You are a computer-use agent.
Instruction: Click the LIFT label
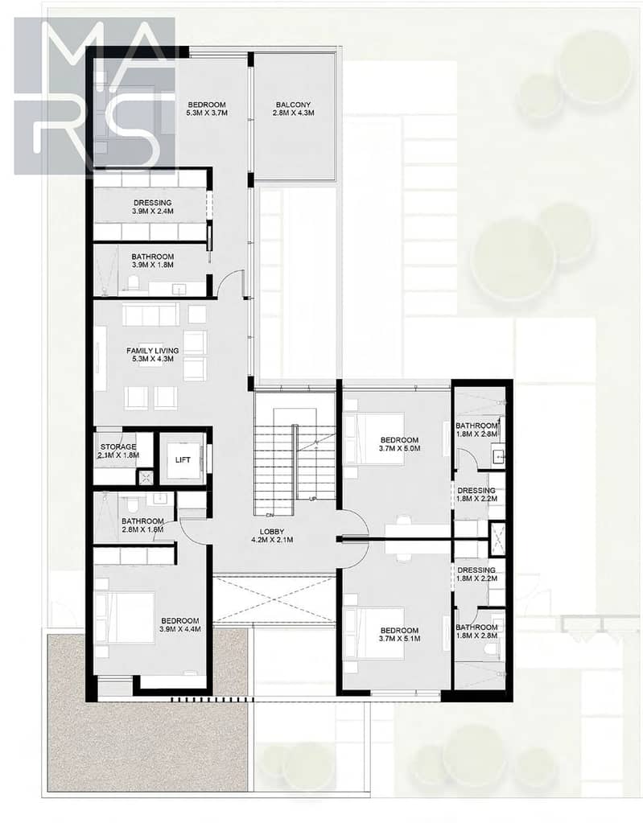coord(183,460)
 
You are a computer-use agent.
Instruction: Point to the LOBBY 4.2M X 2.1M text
coord(272,535)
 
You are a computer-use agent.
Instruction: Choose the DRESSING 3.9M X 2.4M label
coord(152,207)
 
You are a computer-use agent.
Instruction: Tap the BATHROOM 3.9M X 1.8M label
coord(153,261)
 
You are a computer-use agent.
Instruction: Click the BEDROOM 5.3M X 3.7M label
coord(207,109)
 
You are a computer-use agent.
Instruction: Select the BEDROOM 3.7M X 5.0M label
coord(399,444)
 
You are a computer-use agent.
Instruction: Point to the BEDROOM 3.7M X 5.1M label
coord(399,635)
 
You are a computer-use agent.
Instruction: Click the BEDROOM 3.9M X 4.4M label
coord(180,624)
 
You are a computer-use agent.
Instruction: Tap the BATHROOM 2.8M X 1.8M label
coord(142,525)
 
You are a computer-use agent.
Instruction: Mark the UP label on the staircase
coord(313,499)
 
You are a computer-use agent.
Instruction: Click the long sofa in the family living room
coord(150,314)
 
